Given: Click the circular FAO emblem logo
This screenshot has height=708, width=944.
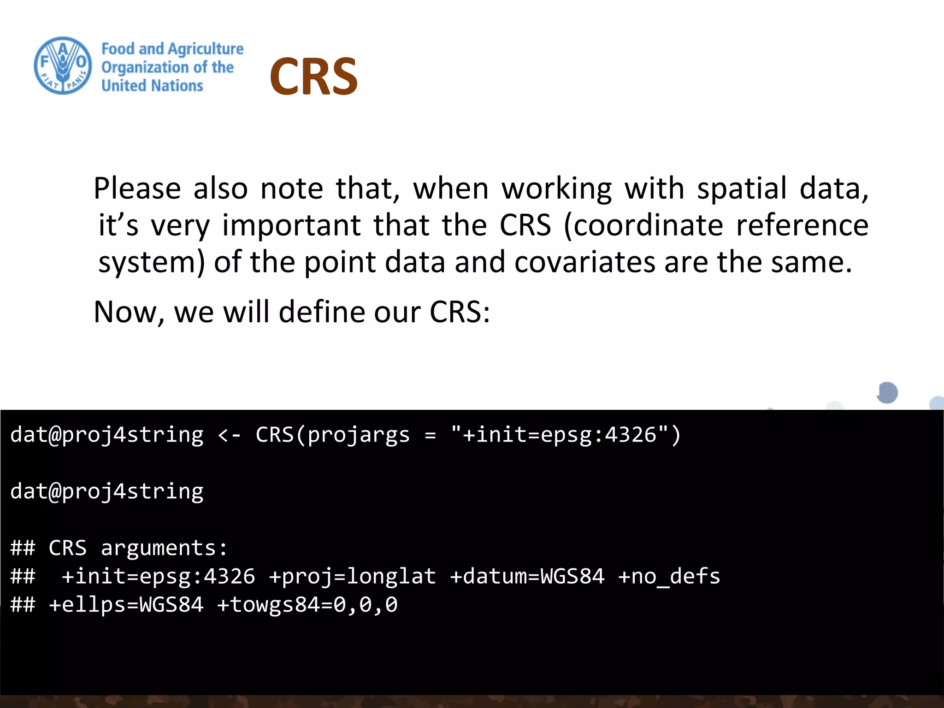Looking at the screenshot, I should click(63, 66).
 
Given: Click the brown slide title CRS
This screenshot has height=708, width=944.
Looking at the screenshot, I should click(313, 77).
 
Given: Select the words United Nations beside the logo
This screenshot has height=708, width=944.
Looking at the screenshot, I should click(152, 86).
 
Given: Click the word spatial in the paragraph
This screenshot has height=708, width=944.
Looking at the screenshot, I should click(742, 189).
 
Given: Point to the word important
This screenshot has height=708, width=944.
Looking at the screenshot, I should click(291, 225).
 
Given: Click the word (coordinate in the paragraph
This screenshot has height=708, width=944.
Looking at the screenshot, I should click(643, 225).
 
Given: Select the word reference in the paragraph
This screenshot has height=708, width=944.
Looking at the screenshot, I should click(802, 225).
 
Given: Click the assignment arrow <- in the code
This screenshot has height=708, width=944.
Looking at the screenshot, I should click(229, 435).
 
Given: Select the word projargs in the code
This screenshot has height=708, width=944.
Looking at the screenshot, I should click(359, 435).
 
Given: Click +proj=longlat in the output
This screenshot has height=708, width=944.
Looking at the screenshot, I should click(352, 577).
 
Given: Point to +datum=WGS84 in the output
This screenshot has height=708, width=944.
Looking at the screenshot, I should click(527, 577).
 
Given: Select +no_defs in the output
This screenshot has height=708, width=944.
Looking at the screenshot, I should click(669, 577).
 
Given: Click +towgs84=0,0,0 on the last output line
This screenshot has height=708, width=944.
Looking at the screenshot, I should click(307, 605).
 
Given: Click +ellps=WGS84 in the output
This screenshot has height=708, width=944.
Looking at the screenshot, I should click(126, 605).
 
